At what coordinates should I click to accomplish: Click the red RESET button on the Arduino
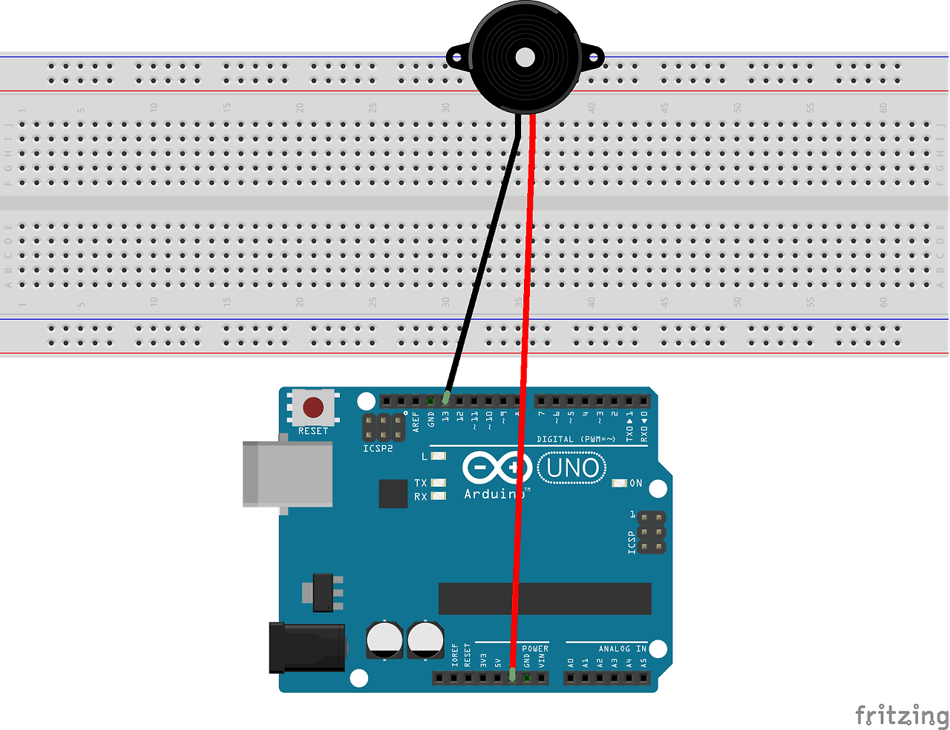313,407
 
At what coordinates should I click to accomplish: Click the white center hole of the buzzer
525,57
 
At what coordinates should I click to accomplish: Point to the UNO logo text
572,468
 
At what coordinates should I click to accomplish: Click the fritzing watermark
901,715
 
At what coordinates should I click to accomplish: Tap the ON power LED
619,483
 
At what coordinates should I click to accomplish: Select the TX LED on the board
439,483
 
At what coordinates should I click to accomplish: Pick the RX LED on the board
439,496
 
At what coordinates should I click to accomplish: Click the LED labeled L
439,456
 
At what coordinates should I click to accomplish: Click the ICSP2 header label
378,448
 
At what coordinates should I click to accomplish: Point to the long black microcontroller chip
545,598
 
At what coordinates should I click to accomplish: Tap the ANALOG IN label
622,648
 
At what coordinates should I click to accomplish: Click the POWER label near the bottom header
535,648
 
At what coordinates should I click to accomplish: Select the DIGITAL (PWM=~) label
576,439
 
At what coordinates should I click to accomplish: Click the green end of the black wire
446,397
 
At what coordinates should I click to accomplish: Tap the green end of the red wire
512,674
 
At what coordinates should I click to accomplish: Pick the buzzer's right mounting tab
593,56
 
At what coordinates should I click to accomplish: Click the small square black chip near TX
393,493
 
